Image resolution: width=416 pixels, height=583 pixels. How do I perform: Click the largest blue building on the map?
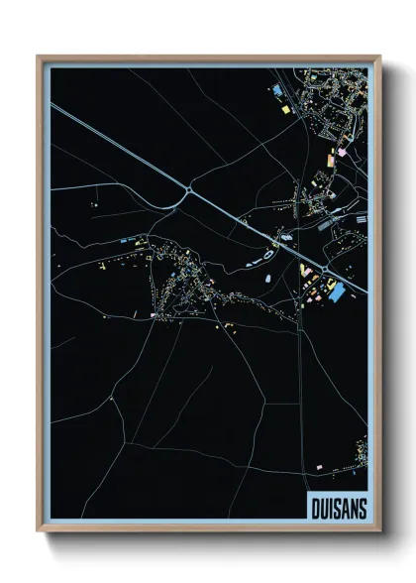(337, 291)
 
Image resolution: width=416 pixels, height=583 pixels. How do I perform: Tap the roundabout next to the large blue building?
(324, 269)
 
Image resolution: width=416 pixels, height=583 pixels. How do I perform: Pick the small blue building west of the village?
(126, 240)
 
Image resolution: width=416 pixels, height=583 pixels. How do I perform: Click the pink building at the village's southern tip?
(154, 315)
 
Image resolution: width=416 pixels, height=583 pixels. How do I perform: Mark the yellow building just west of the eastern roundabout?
(305, 270)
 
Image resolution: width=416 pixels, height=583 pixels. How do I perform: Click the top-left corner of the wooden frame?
(39, 57)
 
